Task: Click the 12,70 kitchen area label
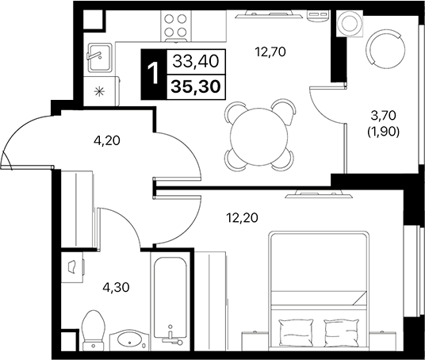(x=269, y=54)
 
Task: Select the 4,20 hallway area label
(x=107, y=143)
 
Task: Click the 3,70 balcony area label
(x=388, y=116)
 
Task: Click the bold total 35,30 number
(x=196, y=82)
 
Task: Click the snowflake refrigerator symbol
(x=99, y=90)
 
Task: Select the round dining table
(x=256, y=136)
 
